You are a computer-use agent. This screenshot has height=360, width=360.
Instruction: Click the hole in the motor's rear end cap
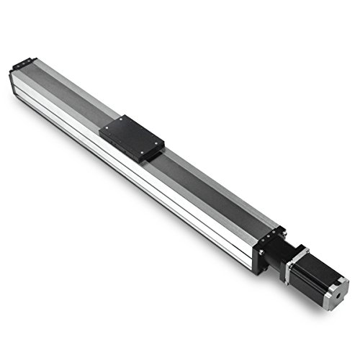[x=336, y=294]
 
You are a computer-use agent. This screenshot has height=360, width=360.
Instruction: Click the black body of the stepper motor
[x=310, y=274]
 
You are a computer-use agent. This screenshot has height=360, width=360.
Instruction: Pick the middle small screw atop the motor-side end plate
[x=274, y=232]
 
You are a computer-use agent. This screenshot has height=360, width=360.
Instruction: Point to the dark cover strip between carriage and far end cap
[x=72, y=94]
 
